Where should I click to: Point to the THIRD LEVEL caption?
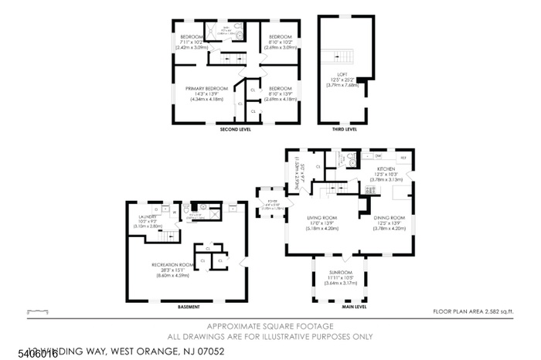344,130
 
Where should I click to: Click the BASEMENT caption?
188,306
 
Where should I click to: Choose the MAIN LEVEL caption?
354,306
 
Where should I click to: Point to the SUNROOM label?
340,272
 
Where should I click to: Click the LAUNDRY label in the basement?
147,216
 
